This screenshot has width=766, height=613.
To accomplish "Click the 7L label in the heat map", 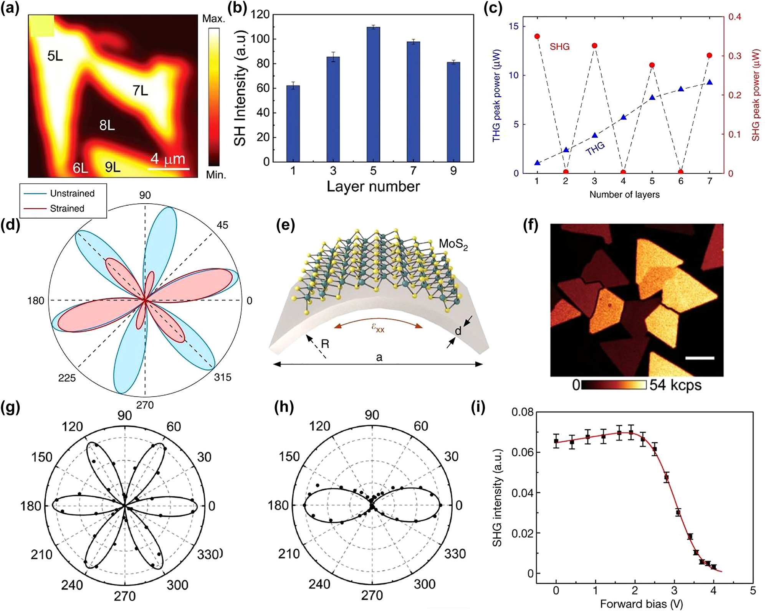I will pos(140,91).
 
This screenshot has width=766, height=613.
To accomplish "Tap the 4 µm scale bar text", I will pos(168,159).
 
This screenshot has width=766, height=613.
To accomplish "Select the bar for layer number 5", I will pos(373,94).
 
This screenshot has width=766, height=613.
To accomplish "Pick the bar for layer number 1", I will pos(293,123).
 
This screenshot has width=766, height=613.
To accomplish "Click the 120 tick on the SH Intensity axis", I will pos(260,15).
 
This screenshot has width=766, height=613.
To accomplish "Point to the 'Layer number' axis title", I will pos(373,187).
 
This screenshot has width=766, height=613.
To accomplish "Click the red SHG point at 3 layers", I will pos(594,46).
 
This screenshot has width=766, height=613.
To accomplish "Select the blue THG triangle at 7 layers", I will pos(710,82).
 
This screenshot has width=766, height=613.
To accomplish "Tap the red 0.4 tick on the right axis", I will pos(735,17).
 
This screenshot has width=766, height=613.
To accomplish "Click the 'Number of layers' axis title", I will pos(624,194).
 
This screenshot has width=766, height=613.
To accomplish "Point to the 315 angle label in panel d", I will pos(223,377).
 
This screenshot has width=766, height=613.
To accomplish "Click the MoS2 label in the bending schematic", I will pos(453,244).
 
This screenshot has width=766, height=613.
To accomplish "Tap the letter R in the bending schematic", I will pos(325,344).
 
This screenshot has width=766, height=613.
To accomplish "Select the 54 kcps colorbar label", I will pos(675,385).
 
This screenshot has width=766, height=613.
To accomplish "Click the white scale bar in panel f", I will pos(700,358).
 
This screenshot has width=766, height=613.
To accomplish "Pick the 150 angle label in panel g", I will pos(42,457).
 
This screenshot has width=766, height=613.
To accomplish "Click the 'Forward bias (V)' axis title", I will pos(641,604).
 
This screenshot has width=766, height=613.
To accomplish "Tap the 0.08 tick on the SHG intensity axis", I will pos(523,412).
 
